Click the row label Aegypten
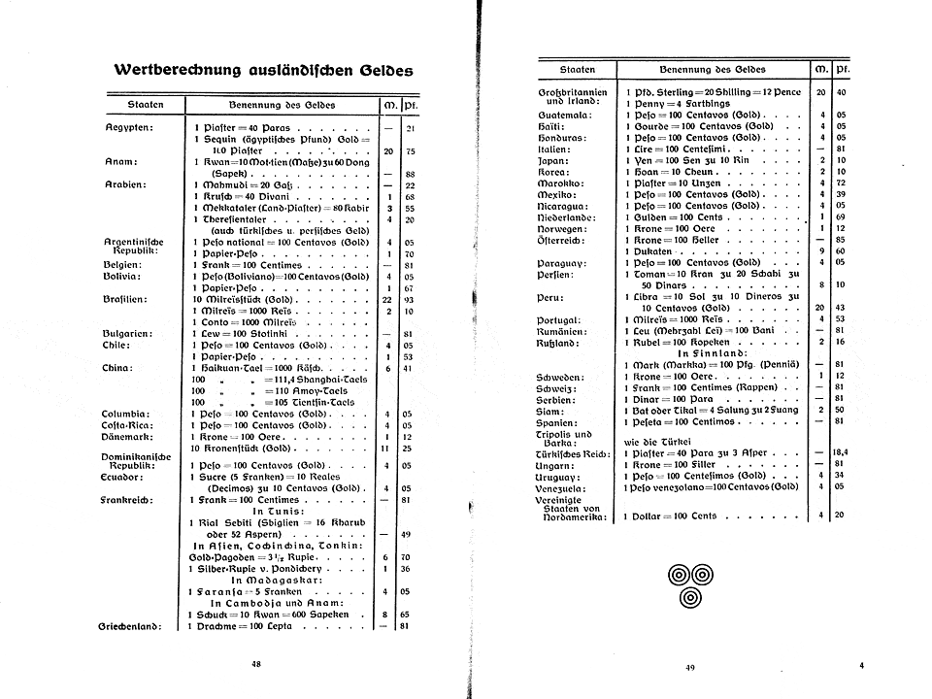point(131,127)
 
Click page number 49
point(690,667)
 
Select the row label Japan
point(551,160)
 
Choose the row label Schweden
point(562,376)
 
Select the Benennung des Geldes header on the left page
point(282,103)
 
